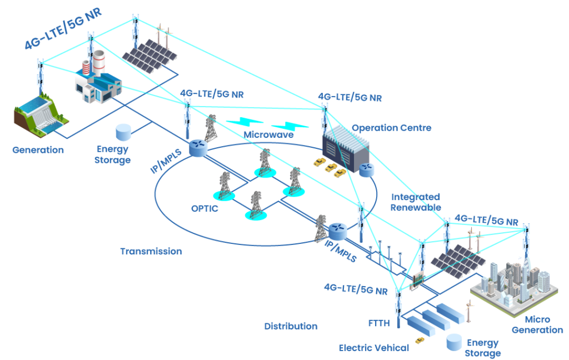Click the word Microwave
269,135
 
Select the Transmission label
151,251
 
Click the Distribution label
291,326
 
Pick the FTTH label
379,323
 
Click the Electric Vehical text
374,348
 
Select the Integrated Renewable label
416,202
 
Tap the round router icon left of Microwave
197,147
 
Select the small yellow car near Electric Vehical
420,340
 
